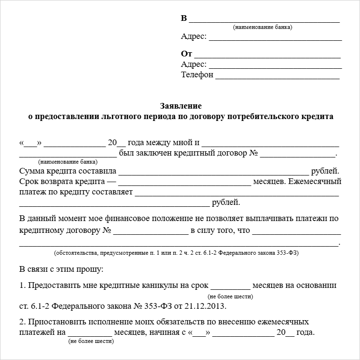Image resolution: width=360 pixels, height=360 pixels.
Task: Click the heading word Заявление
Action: point(180,106)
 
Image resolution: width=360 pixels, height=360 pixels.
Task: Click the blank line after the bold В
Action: point(265,21)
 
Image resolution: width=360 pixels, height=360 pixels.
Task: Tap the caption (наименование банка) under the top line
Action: point(263,28)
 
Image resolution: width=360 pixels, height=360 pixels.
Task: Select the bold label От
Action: point(186,54)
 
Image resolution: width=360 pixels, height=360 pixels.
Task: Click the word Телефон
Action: point(197,75)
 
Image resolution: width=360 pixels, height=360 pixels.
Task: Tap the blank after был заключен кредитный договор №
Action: point(297,155)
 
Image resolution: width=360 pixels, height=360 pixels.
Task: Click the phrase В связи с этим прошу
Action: point(61,269)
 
